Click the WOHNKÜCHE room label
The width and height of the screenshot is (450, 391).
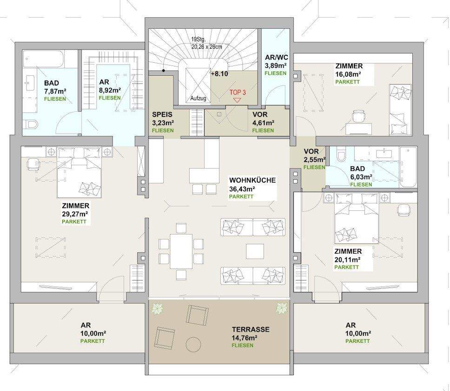point(252,180)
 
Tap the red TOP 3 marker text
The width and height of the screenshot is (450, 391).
point(237,92)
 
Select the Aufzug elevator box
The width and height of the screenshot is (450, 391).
point(197,84)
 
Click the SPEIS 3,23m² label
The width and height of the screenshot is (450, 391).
point(163,115)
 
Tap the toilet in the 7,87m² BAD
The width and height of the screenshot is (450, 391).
point(31,125)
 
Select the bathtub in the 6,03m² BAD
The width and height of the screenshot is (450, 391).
point(409,167)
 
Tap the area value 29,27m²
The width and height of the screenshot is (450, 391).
point(75,214)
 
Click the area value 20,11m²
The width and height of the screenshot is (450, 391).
point(347,260)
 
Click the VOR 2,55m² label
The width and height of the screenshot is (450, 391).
point(311,152)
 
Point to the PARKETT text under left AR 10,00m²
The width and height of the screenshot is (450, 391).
point(92,341)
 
